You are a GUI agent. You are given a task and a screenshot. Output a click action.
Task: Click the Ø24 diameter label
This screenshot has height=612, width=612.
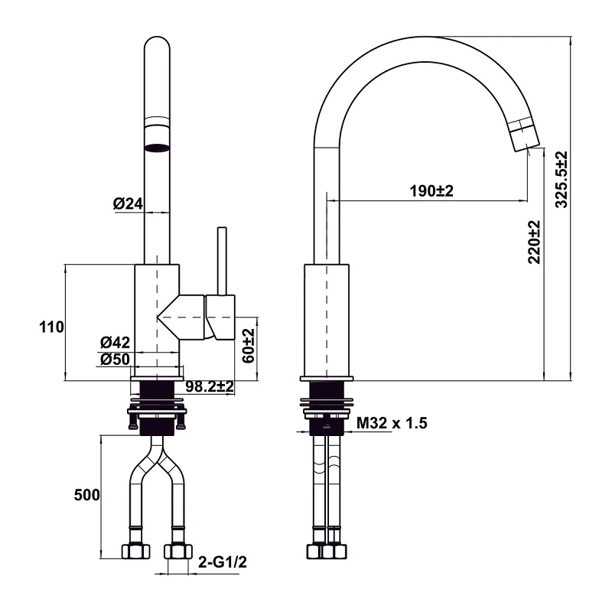[x=128, y=203]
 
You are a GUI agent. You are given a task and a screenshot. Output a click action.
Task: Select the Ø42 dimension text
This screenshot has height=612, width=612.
[x=116, y=343]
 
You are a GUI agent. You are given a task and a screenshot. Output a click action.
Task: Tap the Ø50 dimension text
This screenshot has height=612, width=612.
[x=116, y=359]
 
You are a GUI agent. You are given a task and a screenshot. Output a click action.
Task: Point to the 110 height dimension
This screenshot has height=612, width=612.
[x=50, y=327]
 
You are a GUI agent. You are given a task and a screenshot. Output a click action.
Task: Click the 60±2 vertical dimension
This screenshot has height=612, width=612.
[x=248, y=346]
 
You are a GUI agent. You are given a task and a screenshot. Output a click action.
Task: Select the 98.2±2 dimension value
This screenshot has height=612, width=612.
[x=209, y=387]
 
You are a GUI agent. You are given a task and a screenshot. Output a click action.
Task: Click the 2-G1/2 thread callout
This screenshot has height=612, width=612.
[x=222, y=562]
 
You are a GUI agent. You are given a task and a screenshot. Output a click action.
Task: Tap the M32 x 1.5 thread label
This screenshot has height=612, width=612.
[x=392, y=424]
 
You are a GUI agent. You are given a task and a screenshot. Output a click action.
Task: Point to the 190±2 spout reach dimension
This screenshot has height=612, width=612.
[x=431, y=190]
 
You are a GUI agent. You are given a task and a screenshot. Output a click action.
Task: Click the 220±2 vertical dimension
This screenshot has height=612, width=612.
[x=534, y=242]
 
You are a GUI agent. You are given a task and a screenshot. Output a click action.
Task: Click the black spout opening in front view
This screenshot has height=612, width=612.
[x=157, y=147]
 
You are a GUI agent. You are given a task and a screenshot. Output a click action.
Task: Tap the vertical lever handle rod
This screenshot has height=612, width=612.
[x=222, y=260]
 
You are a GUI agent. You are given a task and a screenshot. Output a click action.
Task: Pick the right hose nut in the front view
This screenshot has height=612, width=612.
[x=177, y=550]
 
